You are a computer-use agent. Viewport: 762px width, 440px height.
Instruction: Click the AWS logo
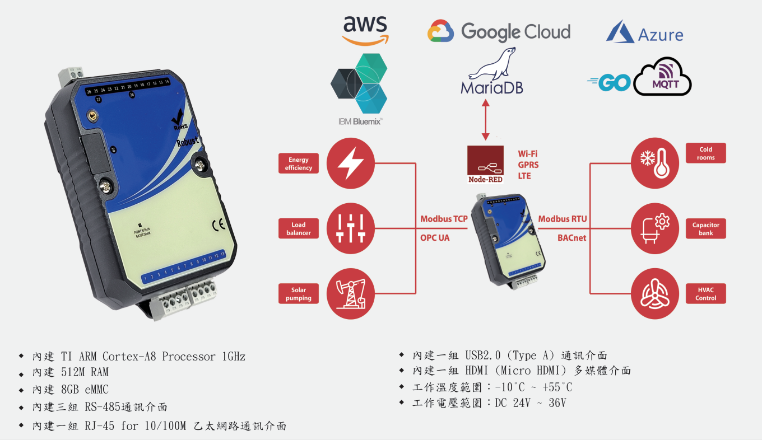click(x=365, y=31)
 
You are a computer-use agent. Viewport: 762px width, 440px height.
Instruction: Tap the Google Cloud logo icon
click(x=440, y=31)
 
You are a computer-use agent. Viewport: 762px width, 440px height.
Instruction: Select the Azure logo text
click(x=660, y=35)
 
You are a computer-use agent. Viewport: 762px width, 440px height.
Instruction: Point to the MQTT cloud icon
click(x=662, y=77)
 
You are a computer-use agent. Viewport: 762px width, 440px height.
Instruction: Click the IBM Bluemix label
click(x=360, y=121)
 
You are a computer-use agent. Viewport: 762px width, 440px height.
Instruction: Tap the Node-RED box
click(x=485, y=165)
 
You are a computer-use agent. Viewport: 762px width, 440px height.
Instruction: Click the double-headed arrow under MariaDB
click(x=486, y=120)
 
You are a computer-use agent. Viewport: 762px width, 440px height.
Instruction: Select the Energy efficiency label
click(x=298, y=163)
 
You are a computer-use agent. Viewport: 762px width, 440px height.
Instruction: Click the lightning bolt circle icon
click(x=351, y=163)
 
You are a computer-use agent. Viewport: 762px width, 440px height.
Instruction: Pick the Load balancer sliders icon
click(x=351, y=228)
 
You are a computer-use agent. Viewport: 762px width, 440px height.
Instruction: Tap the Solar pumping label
click(x=298, y=293)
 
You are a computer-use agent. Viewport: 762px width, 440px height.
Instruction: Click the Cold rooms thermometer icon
click(x=655, y=163)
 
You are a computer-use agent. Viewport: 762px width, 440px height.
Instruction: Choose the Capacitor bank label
click(x=705, y=228)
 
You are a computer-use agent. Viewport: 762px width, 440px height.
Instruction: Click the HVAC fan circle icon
click(x=655, y=293)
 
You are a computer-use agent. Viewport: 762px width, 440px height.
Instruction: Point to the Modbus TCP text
click(x=444, y=219)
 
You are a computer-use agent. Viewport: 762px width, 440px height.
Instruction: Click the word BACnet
click(x=571, y=238)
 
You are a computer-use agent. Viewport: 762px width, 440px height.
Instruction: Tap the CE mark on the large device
click(x=219, y=224)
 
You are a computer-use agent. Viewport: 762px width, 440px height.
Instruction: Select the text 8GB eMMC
click(x=85, y=390)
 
